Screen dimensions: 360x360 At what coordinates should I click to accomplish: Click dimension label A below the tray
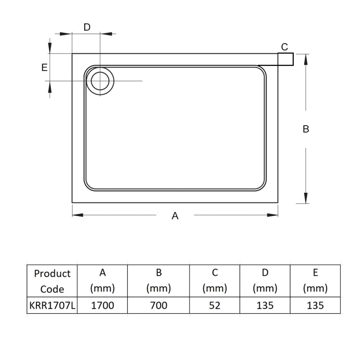point(175,216)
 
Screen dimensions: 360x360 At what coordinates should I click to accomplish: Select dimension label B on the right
point(306,129)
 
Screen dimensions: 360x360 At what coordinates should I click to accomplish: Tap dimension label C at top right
point(284,46)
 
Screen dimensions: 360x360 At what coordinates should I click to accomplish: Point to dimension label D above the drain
point(87,27)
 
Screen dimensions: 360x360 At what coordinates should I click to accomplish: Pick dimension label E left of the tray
point(44,67)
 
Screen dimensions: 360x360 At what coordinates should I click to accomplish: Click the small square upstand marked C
point(286,59)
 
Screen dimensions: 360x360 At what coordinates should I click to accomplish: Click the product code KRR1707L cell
point(52,306)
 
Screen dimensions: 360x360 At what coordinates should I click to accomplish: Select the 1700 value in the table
point(103,306)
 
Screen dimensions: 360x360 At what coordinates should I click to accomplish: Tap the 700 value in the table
point(158,306)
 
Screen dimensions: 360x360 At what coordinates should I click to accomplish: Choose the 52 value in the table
point(215,306)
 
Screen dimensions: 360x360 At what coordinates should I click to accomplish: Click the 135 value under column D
point(265,306)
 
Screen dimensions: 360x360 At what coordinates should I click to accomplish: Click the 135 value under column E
point(315,306)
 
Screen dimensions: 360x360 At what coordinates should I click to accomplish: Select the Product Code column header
point(52,281)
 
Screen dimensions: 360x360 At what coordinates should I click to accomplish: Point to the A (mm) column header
point(103,281)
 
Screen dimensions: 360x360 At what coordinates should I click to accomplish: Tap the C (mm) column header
point(215,281)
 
